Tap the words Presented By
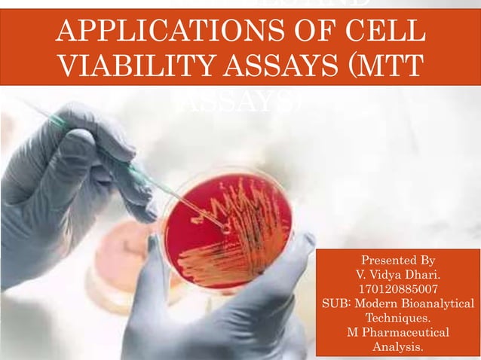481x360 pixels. (x=398, y=261)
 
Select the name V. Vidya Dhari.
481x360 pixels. (x=398, y=275)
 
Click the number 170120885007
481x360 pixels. (x=398, y=289)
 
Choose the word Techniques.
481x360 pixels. (x=398, y=318)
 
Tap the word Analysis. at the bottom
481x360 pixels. (x=398, y=346)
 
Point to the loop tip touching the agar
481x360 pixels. (x=225, y=224)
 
